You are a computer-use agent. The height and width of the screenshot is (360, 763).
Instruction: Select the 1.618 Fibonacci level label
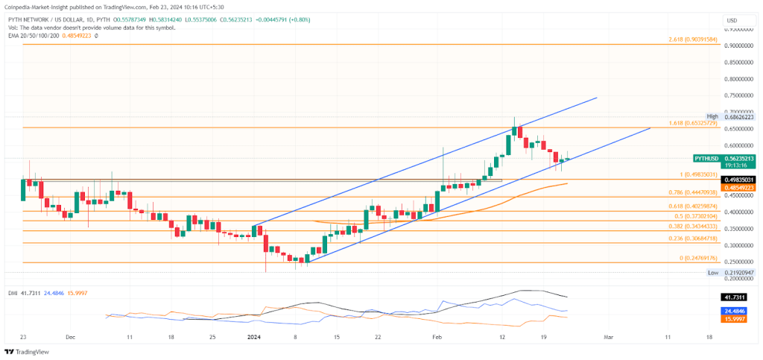[691, 122]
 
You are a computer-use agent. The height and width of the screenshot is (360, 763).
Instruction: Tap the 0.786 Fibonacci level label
[691, 192]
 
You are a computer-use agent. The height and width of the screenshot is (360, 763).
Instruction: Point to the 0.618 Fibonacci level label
[691, 206]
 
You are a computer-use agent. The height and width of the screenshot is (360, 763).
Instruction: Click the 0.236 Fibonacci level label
[691, 239]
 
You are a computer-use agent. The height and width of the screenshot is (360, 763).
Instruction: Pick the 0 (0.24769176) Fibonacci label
[692, 258]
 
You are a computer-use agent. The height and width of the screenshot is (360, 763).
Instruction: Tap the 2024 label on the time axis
[253, 337]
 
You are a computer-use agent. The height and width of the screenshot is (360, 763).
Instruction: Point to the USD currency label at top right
[732, 20]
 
